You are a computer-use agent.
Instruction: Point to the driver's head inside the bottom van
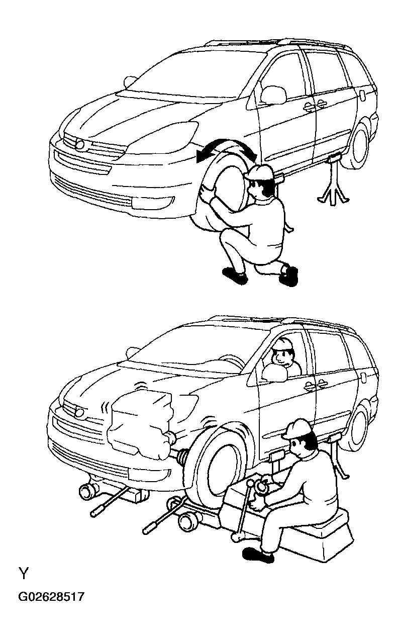click(x=282, y=352)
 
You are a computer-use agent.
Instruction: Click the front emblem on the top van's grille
click(x=80, y=144)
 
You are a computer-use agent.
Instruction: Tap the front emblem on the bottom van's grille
click(x=80, y=412)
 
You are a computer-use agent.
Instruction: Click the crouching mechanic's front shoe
click(x=235, y=275)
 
